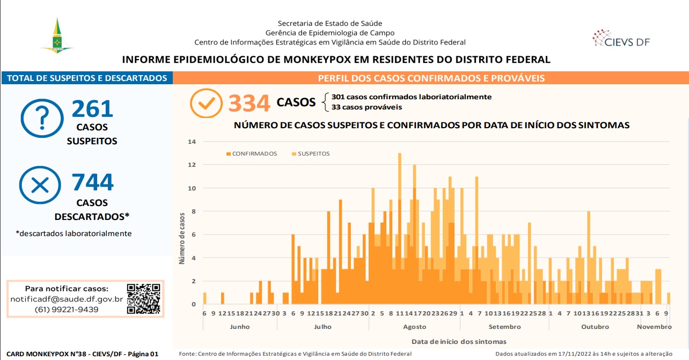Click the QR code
143,298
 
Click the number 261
93,108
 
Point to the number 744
93,182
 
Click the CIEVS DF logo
621,39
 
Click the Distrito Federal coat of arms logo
57,35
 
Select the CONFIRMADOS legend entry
252,154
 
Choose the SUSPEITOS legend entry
311,154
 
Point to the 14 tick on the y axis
192,142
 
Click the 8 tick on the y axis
194,211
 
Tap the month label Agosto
415,327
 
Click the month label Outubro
595,327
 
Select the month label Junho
240,327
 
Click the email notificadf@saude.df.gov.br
67,299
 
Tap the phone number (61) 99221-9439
67,310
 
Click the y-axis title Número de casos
182,239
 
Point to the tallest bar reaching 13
400,229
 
